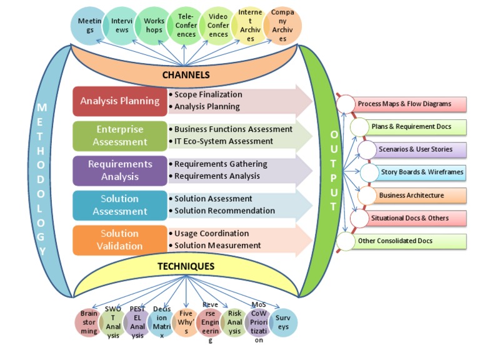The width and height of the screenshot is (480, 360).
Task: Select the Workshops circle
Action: pos(154,26)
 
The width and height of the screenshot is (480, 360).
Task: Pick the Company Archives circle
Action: pos(282,26)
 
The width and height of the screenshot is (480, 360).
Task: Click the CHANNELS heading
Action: pos(186,75)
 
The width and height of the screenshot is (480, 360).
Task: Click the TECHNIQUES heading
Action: pos(186,266)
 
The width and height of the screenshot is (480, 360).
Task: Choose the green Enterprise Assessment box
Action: pos(119,136)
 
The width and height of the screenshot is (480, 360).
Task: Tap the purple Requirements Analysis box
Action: pos(119,170)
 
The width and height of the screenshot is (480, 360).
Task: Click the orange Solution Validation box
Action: pos(119,239)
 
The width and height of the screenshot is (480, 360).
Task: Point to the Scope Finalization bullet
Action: pos(208,94)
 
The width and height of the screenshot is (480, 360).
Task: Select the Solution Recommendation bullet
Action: pos(224,211)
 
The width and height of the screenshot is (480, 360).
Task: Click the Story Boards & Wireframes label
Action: pos(422,172)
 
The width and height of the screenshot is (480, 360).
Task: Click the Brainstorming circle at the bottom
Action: pos(89,323)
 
